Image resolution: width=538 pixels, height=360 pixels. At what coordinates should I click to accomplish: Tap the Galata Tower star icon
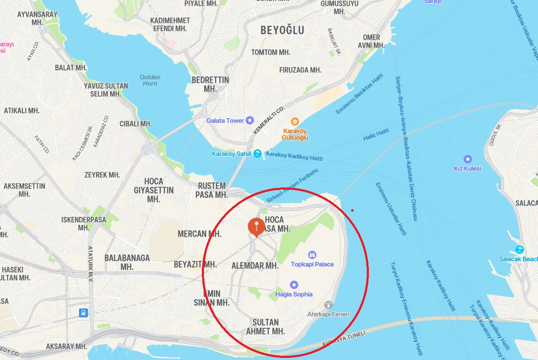point(250,120)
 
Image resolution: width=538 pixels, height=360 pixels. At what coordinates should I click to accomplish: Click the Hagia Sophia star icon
point(294,285)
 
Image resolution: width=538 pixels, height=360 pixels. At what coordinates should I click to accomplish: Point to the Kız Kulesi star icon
point(467,159)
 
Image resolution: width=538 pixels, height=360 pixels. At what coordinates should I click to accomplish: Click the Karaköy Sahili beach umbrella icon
point(258,154)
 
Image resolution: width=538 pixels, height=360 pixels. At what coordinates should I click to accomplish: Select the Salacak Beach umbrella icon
point(518,250)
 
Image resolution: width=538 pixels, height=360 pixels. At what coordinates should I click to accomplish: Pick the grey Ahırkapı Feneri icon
point(328,305)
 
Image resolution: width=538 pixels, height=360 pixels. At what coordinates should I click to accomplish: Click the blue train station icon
point(83,313)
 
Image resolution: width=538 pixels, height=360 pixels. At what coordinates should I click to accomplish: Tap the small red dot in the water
point(352,210)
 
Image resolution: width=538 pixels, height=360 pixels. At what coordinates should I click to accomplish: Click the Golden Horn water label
point(150,80)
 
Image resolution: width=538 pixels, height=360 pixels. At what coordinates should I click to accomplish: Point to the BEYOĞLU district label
point(282,30)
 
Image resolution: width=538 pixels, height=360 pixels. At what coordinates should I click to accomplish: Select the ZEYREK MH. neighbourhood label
point(102,175)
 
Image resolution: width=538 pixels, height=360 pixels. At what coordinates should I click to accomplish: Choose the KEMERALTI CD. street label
point(269,121)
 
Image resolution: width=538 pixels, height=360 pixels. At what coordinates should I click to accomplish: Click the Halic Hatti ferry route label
point(376,135)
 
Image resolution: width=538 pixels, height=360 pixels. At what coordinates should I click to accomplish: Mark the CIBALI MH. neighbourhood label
point(136,124)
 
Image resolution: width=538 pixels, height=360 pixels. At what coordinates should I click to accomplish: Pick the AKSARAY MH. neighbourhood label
point(66,346)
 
